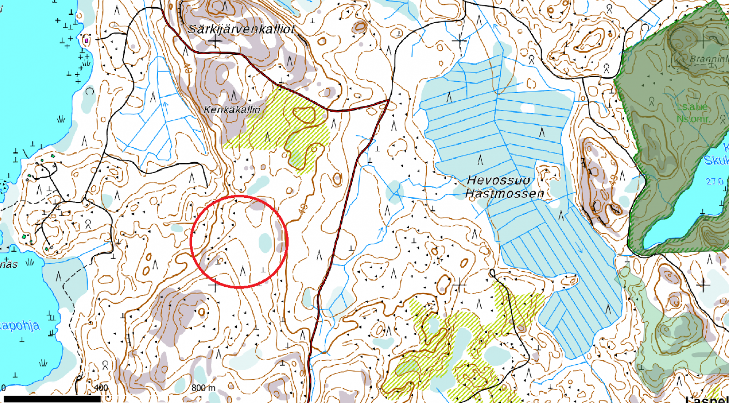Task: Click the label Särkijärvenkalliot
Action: point(241,30)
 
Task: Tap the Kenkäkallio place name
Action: point(232,109)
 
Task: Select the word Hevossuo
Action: point(498,181)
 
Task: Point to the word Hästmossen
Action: point(504,194)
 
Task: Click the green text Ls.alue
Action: point(692,107)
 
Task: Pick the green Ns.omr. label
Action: point(693,119)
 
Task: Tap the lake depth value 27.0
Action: point(714,181)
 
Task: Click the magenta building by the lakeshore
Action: point(86,41)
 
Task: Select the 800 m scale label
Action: point(203,388)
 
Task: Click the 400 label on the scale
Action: point(101,388)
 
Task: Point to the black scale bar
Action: point(50,399)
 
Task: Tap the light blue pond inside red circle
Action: point(265,243)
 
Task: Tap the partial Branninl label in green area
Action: point(709,59)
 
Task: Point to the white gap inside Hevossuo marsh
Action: point(528,108)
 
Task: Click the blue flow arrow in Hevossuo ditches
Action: point(579,248)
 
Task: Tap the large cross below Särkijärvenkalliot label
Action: point(215,41)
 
